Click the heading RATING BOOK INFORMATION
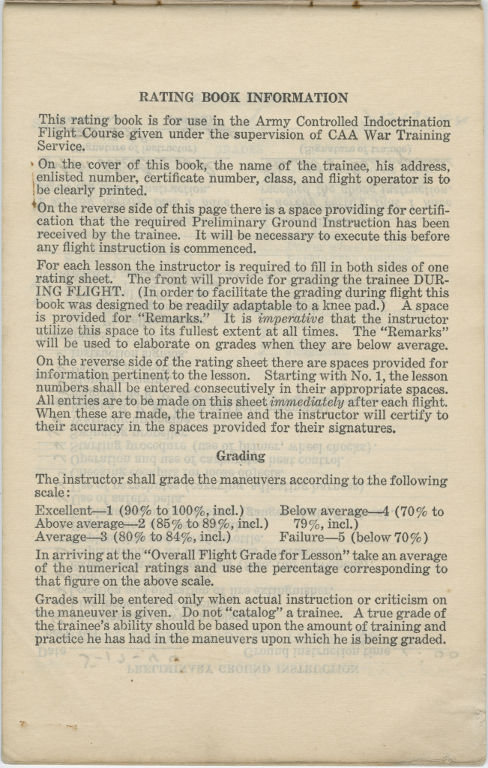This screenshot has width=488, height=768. [244, 97]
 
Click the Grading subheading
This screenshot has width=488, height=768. [241, 456]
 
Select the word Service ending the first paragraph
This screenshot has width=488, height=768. [61, 148]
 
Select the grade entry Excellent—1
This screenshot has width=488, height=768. [73, 511]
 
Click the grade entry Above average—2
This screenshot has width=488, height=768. [91, 524]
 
